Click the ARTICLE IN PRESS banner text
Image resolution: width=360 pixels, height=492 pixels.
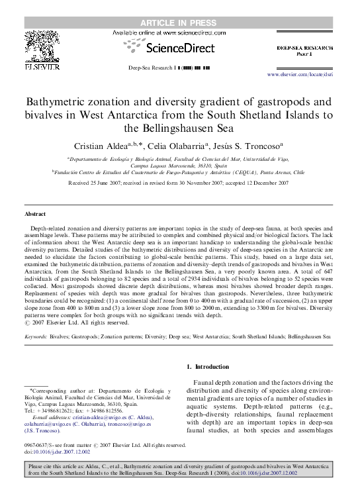[179, 6]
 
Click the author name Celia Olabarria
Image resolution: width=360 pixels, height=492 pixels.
[191, 145]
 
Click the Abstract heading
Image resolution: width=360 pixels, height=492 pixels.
[35, 215]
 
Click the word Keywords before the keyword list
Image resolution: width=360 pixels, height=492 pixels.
[35, 336]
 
